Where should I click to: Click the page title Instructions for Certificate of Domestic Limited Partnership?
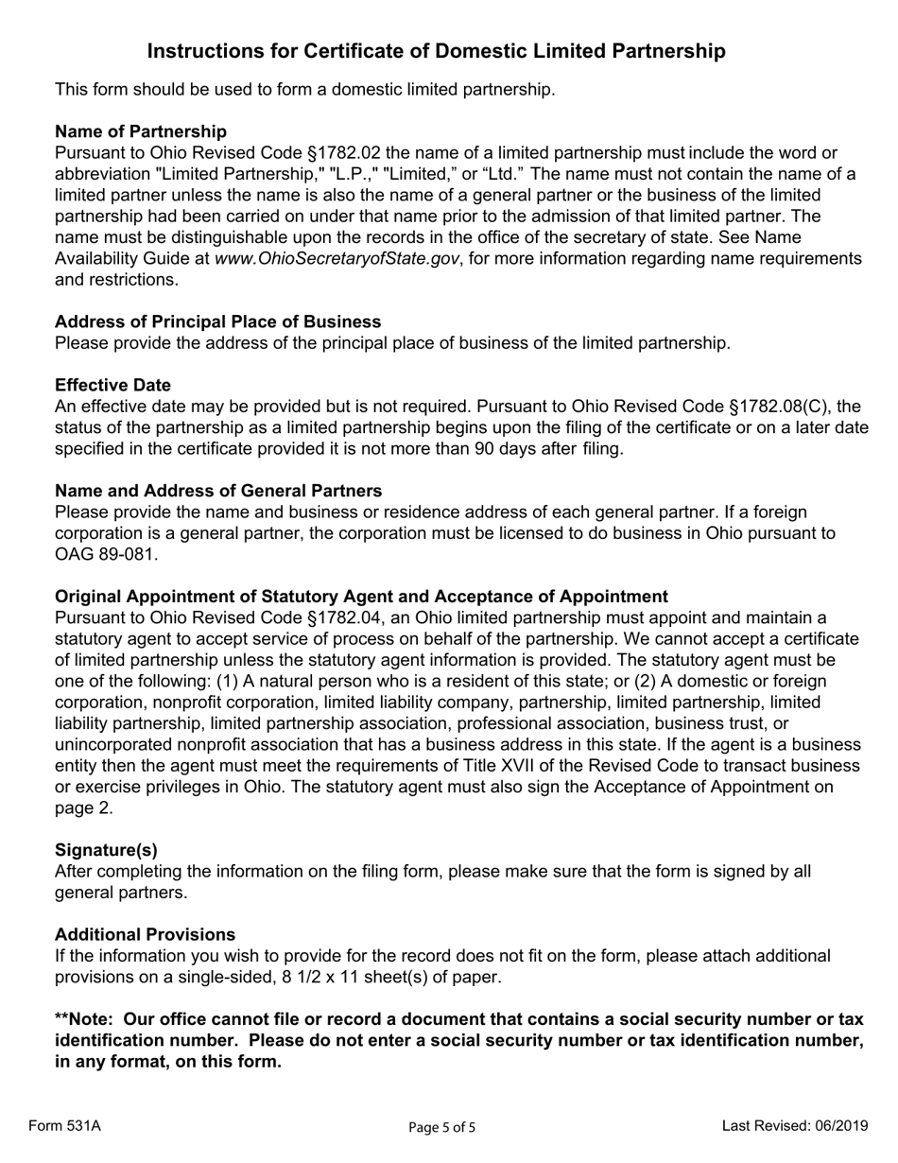[x=437, y=52]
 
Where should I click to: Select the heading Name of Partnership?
[x=141, y=131]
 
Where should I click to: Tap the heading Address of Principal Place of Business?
[x=218, y=321]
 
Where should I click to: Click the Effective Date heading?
[x=113, y=385]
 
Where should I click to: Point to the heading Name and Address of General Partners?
[x=218, y=491]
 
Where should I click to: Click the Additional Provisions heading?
[x=146, y=934]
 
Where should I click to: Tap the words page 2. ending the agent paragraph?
[x=84, y=808]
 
